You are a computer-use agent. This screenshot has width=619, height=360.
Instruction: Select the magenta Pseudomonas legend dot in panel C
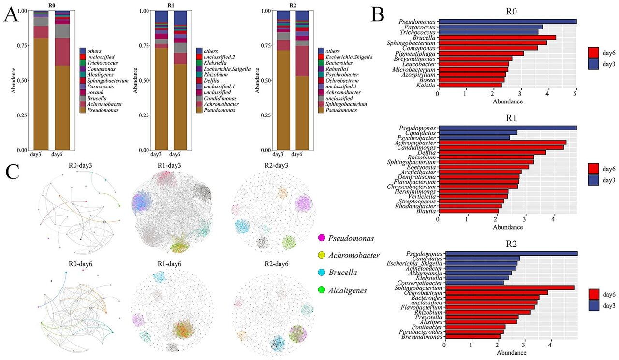pyautogui.click(x=321, y=238)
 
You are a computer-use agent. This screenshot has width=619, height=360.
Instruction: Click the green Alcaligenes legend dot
pyautogui.click(x=321, y=290)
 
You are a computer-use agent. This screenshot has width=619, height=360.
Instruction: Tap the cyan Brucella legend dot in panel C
pyautogui.click(x=321, y=273)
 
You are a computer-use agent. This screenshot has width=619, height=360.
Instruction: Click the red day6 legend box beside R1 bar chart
pyautogui.click(x=595, y=168)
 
